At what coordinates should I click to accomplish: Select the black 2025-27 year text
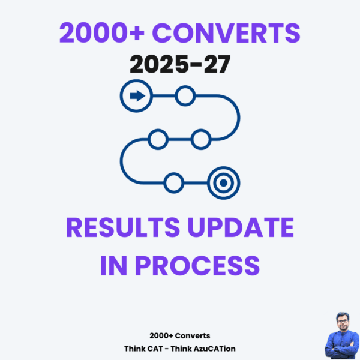(x=179, y=64)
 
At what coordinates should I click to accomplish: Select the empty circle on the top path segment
(x=185, y=95)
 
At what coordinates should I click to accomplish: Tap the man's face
(x=338, y=323)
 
